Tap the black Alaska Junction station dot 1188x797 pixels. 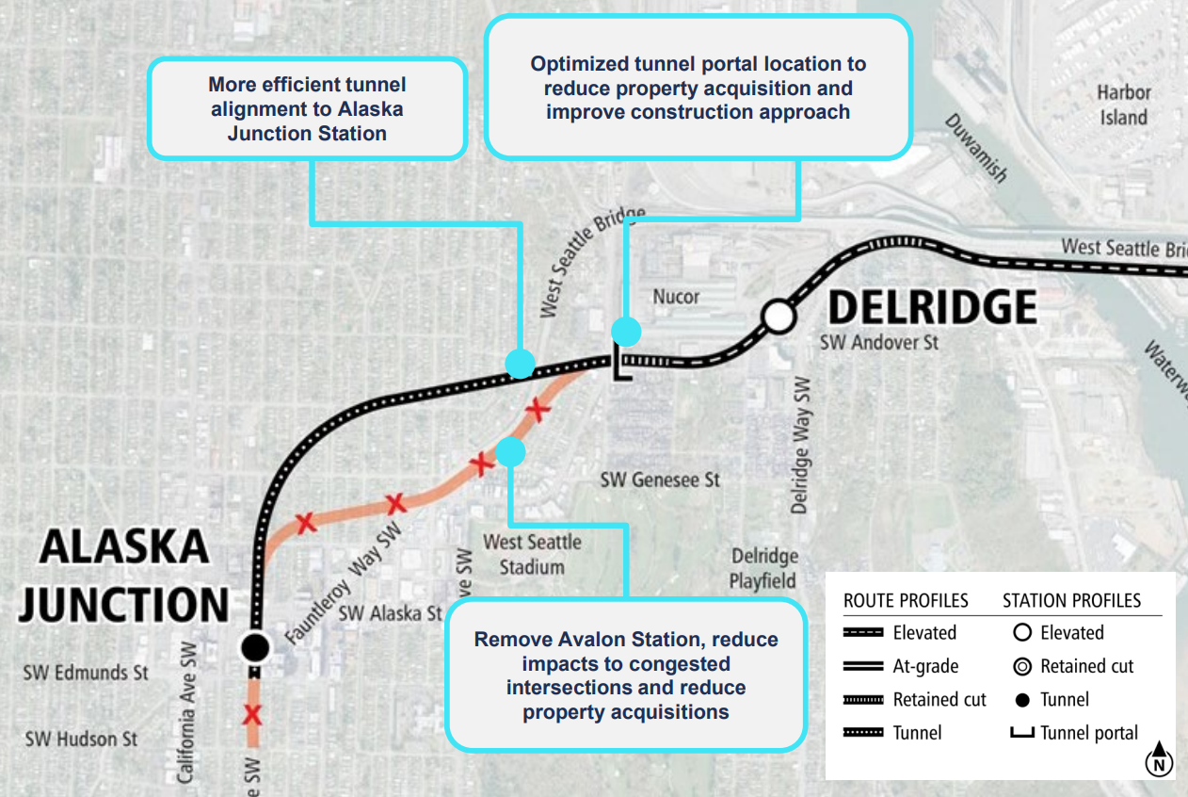tap(254, 646)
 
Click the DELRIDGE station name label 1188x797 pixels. tap(931, 308)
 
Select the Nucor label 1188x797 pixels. tap(676, 297)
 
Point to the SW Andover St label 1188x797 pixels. tap(878, 343)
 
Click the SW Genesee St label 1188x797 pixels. tap(660, 480)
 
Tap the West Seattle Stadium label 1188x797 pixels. tap(532, 554)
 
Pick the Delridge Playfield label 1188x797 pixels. tap(764, 568)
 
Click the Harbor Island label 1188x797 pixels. tap(1124, 105)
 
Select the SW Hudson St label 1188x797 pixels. tap(81, 739)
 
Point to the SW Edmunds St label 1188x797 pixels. tap(87, 673)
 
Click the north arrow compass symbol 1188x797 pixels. tap(1160, 759)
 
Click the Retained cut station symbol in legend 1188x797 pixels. tap(1021, 667)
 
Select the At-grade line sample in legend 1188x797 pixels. tap(863, 667)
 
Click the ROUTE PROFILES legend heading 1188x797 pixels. tap(906, 601)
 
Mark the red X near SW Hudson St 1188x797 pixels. tap(252, 715)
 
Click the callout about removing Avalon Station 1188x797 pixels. tap(626, 675)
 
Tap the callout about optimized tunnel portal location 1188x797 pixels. tap(698, 88)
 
